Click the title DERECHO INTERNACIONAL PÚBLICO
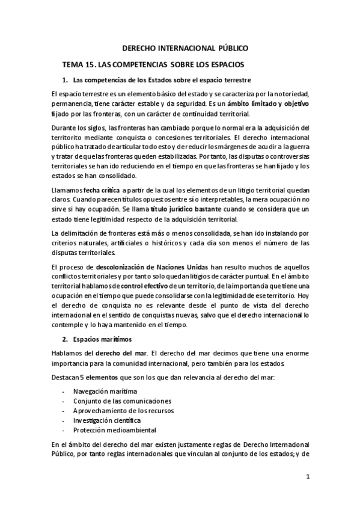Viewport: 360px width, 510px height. pyautogui.click(x=185, y=48)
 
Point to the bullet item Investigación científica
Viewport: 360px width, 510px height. pyautogui.click(x=107, y=420)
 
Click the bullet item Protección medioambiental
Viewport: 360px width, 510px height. pyautogui.click(x=111, y=430)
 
